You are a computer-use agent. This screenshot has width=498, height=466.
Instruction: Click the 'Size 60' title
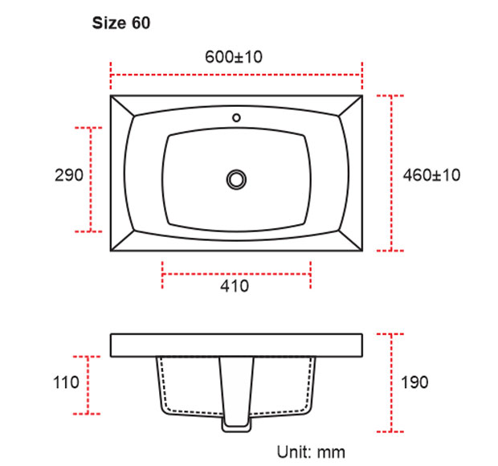coord(120,23)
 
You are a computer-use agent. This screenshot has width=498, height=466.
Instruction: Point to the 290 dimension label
coord(69,174)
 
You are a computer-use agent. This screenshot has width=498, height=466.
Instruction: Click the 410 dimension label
coord(236,285)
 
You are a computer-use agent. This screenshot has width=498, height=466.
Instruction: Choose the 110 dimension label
coord(67,382)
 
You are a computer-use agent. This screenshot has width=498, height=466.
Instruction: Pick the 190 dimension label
coord(415,382)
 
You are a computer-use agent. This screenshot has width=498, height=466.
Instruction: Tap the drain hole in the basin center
coord(236,178)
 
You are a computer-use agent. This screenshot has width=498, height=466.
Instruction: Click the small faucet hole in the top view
coord(236,117)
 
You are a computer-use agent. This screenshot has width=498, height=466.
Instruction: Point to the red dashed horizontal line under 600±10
coord(236,75)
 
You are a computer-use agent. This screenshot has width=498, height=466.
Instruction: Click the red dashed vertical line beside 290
coord(90,178)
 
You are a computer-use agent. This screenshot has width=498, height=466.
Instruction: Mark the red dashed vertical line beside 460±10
coord(391,173)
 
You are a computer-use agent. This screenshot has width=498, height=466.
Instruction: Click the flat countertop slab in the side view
coord(237,345)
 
